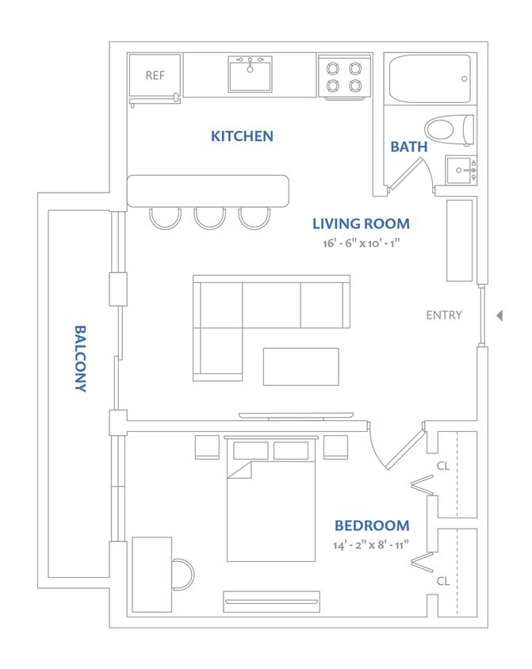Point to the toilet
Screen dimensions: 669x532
coord(448,130)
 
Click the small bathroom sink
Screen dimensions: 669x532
coord(459,170)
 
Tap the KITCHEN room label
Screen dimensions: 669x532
coord(242,136)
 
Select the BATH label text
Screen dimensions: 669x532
coord(409,147)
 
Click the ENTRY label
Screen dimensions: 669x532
coord(444,315)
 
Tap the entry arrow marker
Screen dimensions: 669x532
coord(499,315)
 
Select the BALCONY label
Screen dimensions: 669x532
coord(80,358)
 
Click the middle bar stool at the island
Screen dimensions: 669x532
coord(210,218)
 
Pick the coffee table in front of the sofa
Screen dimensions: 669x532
coord(300,366)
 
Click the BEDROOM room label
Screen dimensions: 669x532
coord(372,526)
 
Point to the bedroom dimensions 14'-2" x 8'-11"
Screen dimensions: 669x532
coord(372,545)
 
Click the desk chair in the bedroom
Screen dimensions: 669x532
coord(182,574)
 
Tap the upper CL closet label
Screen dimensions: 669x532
coord(443,466)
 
